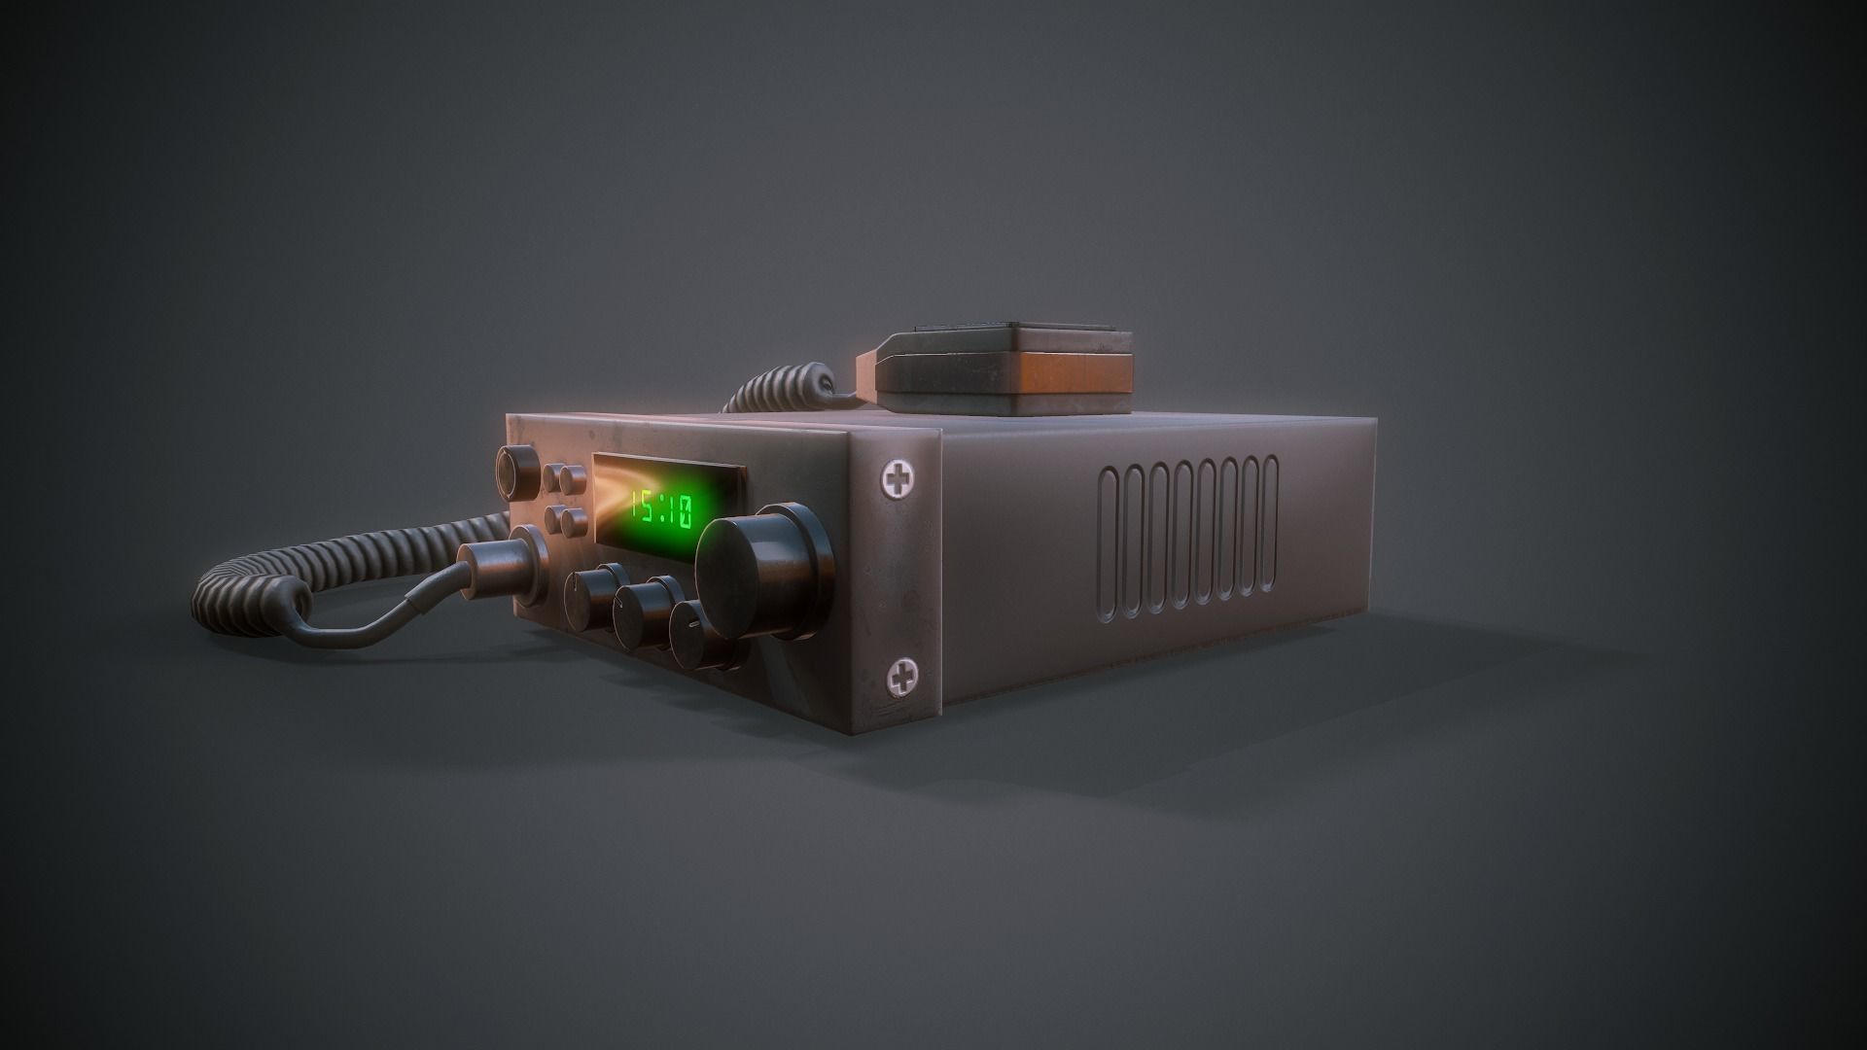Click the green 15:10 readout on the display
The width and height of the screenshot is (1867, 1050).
661,508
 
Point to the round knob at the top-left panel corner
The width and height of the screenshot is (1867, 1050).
515,470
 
